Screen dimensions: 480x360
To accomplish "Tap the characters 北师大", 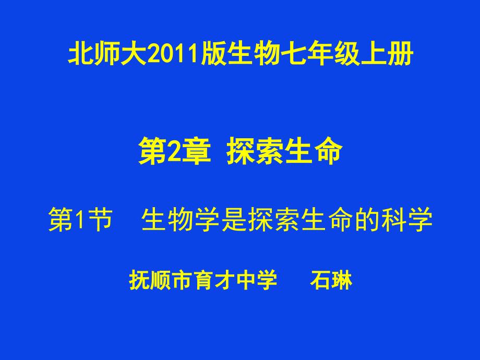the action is click(107, 54).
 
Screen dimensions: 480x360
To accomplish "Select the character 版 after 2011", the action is click(213, 54).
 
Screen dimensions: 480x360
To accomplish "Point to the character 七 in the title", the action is click(294, 54).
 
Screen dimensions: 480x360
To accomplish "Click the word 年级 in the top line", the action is click(334, 54).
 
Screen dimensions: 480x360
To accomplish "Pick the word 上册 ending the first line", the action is click(387, 54).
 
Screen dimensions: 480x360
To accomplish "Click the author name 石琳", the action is click(331, 280).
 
